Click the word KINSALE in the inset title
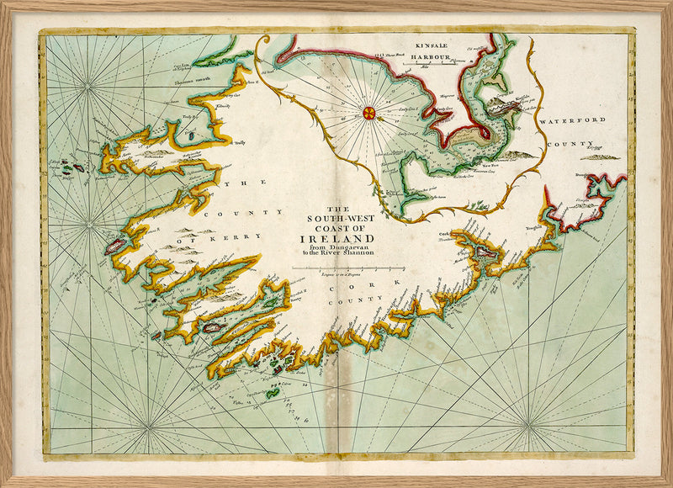point(422,48)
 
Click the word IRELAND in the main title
point(324,238)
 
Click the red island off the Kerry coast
point(115,246)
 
